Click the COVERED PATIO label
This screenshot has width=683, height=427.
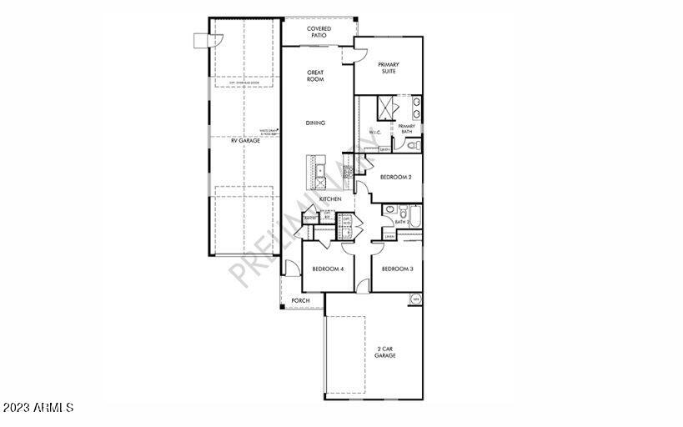(318, 32)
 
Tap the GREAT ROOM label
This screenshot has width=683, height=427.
(315, 76)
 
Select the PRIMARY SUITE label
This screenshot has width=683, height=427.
(389, 68)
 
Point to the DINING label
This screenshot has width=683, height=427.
(315, 123)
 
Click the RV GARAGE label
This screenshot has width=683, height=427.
(245, 141)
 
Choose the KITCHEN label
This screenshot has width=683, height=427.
(330, 199)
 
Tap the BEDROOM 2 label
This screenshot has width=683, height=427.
(395, 177)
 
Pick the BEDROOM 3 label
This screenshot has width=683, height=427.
(398, 269)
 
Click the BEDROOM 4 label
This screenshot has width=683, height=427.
(328, 269)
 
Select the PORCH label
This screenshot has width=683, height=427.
(300, 300)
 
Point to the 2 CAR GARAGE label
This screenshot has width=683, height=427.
(384, 352)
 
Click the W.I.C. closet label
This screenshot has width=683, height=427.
(374, 132)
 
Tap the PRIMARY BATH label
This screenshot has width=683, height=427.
(406, 128)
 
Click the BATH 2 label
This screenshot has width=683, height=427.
(402, 223)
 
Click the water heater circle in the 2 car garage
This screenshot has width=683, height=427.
(414, 299)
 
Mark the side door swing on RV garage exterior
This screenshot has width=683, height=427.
(201, 40)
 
